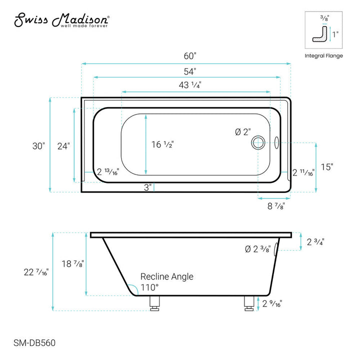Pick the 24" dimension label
pyautogui.click(x=63, y=146)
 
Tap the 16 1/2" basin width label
pyautogui.click(x=162, y=144)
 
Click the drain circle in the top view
pyautogui.click(x=259, y=142)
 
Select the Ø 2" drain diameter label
pyautogui.click(x=242, y=132)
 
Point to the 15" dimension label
pyautogui.click(x=326, y=167)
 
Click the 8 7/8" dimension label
pyautogui.click(x=275, y=205)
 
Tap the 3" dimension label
pyautogui.click(x=147, y=187)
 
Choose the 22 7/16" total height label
pyautogui.click(x=36, y=272)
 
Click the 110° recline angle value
pyautogui.click(x=149, y=287)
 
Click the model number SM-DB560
pyautogui.click(x=34, y=343)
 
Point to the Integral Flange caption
pyautogui.click(x=323, y=55)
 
